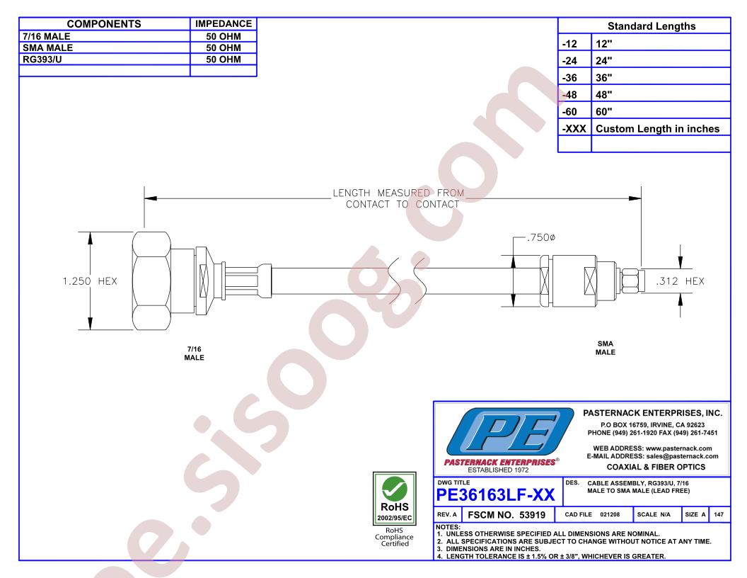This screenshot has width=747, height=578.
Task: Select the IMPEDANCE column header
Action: coord(224,24)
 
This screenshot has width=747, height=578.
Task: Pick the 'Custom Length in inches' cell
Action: coord(657,128)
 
